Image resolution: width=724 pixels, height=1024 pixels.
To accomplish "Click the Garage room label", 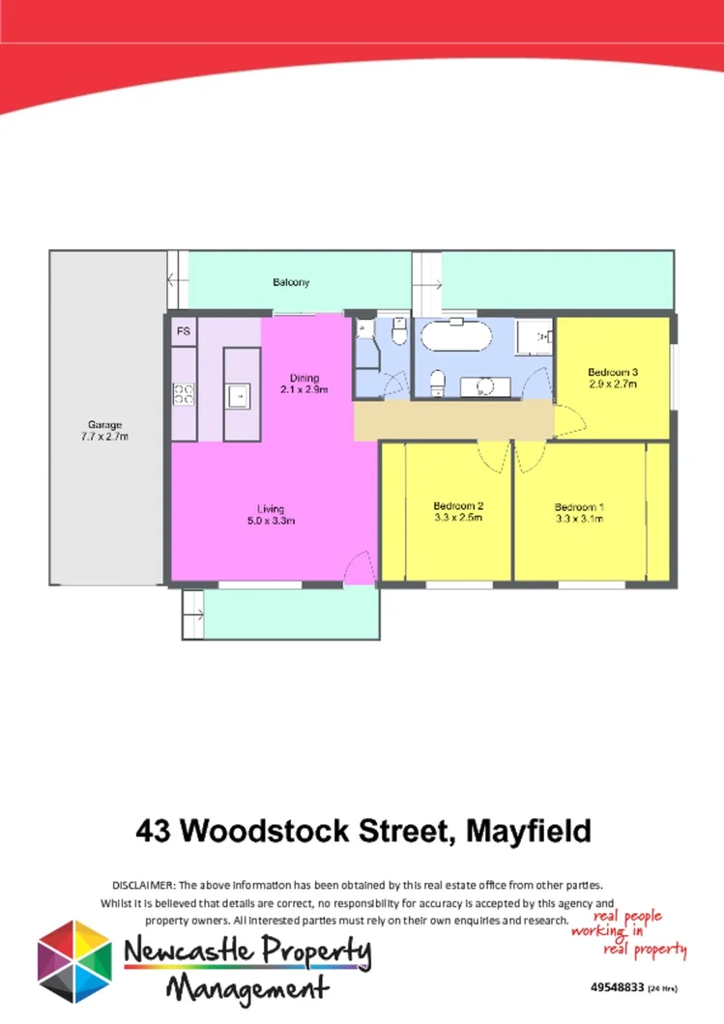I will tap(104, 431).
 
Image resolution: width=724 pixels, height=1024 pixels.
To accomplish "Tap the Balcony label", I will tap(291, 282).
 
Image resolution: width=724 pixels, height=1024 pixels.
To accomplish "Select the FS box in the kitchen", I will tap(184, 331).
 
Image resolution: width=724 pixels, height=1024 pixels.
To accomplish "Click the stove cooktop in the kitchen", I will tap(184, 393).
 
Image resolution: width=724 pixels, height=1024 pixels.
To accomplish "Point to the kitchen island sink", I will tap(237, 394).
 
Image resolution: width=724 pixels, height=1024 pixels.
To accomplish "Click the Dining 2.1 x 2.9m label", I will tap(304, 384).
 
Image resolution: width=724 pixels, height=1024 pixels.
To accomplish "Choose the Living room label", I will tap(270, 515).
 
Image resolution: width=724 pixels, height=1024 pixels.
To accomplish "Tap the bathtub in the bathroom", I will tap(455, 339).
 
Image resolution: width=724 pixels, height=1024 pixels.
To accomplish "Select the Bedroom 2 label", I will tap(458, 511).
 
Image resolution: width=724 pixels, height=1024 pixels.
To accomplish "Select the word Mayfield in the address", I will tap(528, 830).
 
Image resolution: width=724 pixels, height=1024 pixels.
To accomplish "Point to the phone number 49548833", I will tap(617, 988).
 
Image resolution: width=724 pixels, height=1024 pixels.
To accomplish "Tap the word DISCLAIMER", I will tap(144, 885).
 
